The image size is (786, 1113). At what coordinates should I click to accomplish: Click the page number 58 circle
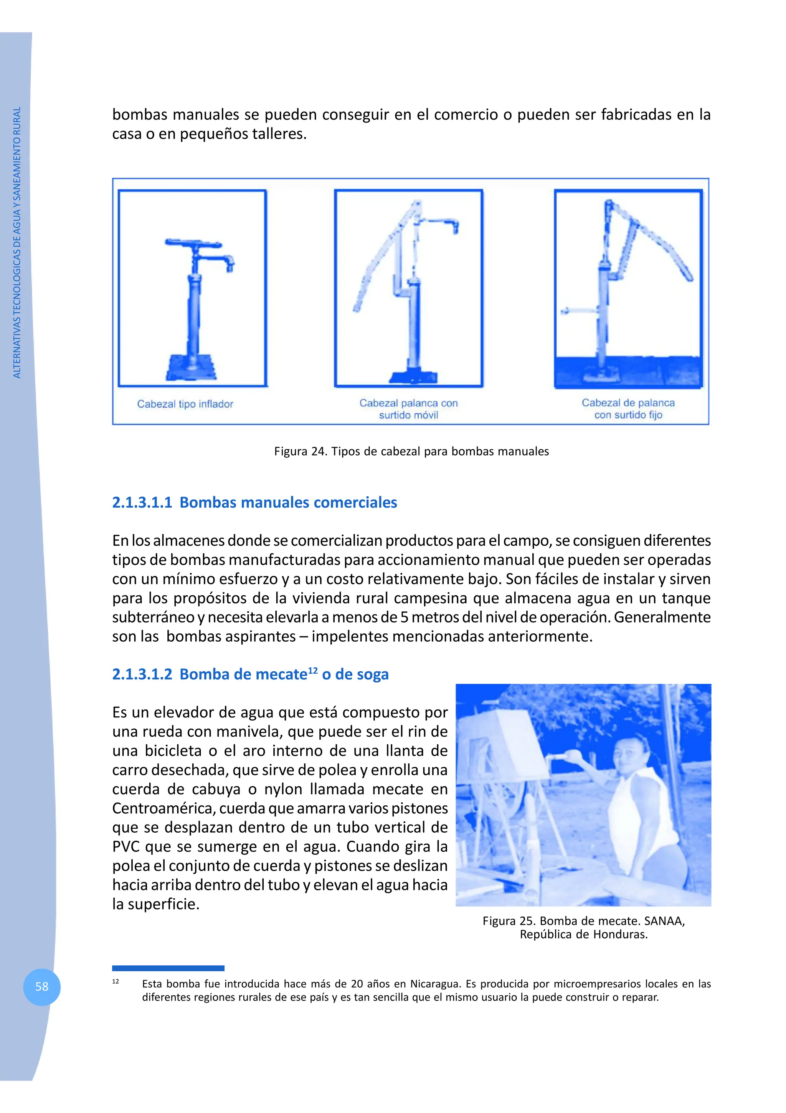[42, 987]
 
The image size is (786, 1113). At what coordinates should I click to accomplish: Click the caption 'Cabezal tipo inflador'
[185, 404]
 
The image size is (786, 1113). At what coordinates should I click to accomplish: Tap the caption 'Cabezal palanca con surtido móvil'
[408, 409]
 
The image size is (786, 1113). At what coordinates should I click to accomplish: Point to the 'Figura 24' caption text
[411, 451]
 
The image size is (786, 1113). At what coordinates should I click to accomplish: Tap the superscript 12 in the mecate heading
[313, 670]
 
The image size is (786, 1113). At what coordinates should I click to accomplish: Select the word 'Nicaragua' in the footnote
[435, 984]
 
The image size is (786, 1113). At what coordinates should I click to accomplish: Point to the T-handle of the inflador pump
[193, 243]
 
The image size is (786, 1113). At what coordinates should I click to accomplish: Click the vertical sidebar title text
[17, 242]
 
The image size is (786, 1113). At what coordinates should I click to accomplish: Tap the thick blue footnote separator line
[168, 968]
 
